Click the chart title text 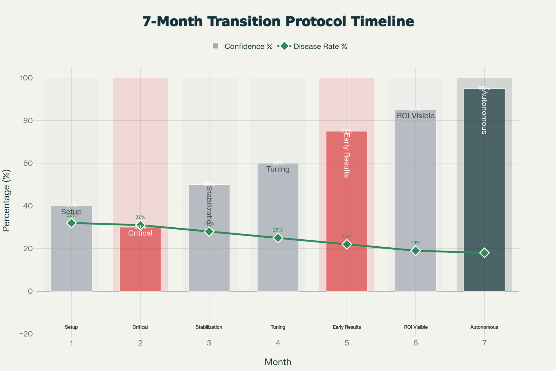pos(278,21)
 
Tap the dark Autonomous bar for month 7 pos(484,195)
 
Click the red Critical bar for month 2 pos(140,264)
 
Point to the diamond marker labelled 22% pos(347,244)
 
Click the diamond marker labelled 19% pos(416,251)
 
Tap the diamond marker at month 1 pos(71,223)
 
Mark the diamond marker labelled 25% pos(278,238)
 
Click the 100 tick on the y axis pos(26,78)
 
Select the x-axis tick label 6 pos(416,343)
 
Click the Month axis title pos(278,362)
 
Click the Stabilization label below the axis pos(209,327)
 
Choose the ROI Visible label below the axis pos(416,327)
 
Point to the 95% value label pos(484,88)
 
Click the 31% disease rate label pos(140,217)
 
